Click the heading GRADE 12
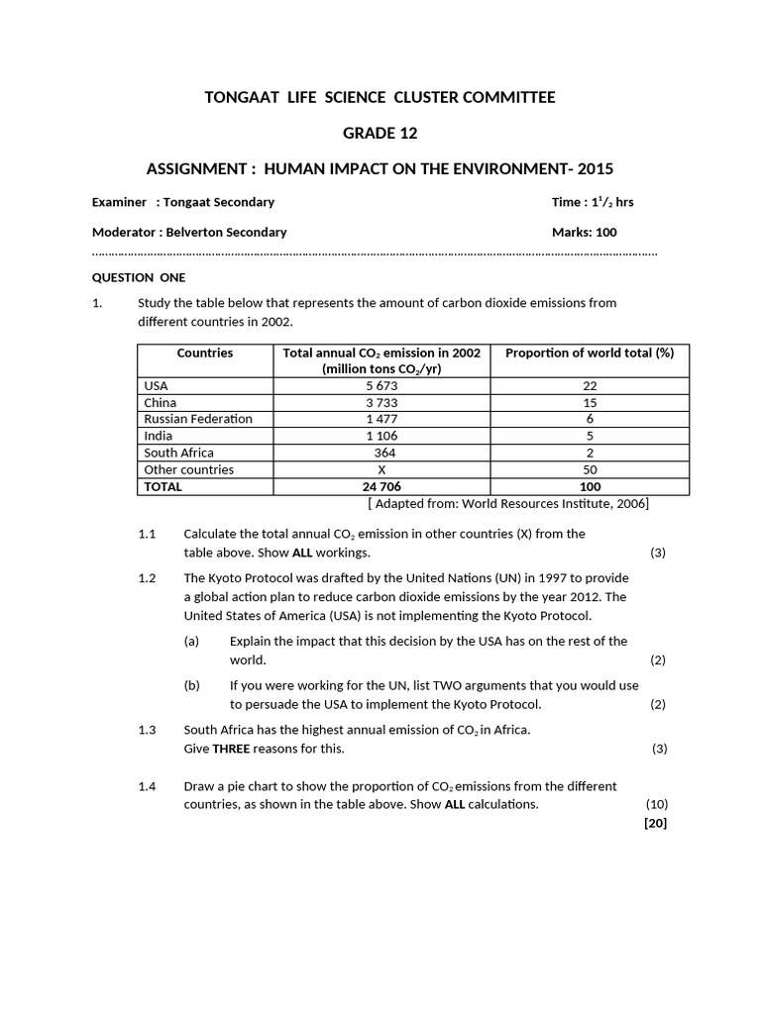click(380, 133)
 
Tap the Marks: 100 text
click(584, 232)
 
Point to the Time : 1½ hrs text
click(593, 202)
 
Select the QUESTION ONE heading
click(139, 277)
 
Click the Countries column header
click(205, 353)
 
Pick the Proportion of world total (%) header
click(590, 353)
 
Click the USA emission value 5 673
click(381, 386)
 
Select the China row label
click(161, 403)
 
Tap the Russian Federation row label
click(198, 419)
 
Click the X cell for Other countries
click(381, 469)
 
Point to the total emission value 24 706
click(381, 486)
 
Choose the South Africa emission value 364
click(381, 453)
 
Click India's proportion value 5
click(590, 436)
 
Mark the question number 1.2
click(148, 578)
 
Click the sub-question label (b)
click(192, 685)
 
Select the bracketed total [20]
click(655, 823)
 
